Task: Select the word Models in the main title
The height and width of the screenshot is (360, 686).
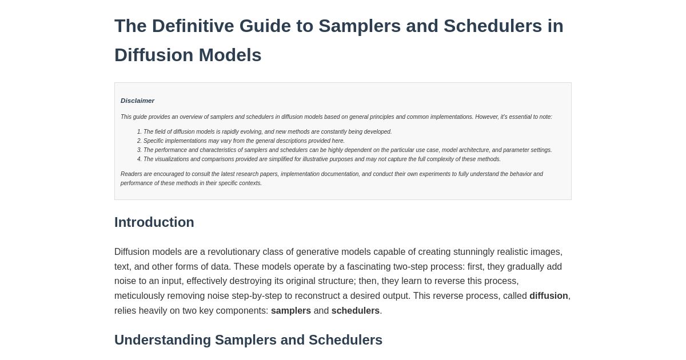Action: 230,55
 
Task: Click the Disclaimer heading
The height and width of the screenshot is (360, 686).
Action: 137,101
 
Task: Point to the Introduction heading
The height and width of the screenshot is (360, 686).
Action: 154,222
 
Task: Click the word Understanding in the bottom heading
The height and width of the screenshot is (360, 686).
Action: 162,340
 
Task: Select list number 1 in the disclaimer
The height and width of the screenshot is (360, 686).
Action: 139,132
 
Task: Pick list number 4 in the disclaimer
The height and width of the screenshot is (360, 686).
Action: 139,159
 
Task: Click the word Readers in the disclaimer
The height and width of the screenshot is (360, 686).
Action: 131,174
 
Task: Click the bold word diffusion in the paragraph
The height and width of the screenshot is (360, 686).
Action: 548,296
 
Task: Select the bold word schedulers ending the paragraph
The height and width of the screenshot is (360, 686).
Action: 355,311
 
